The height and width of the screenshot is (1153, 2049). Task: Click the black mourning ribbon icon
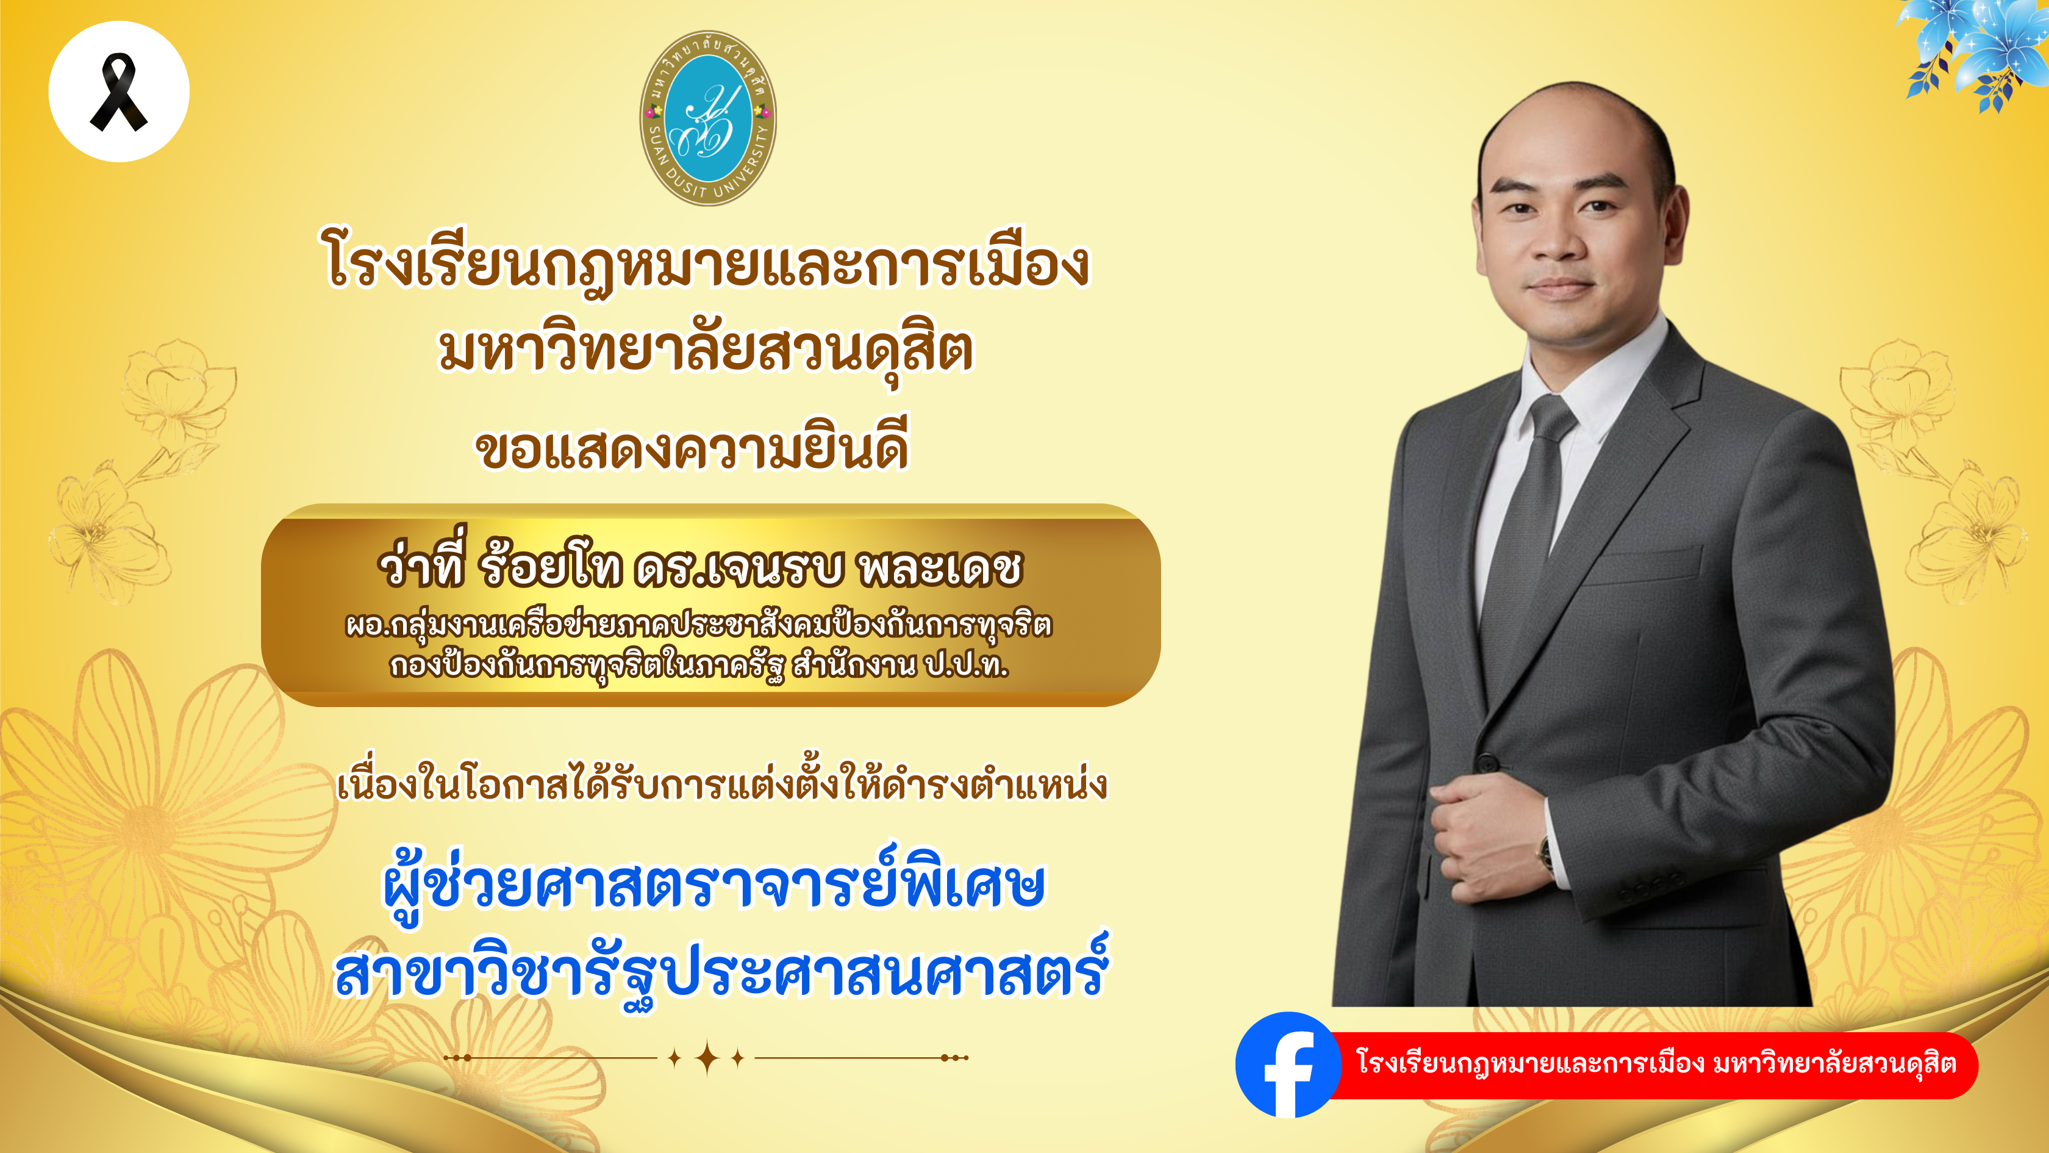[118, 92]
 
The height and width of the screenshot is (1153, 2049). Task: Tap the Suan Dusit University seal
[708, 118]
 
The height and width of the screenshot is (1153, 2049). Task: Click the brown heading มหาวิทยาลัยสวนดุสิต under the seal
[706, 353]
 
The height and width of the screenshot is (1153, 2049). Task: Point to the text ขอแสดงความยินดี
[692, 447]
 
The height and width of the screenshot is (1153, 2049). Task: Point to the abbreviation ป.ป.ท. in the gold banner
[965, 665]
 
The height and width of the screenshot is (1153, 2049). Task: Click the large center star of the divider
[706, 1058]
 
